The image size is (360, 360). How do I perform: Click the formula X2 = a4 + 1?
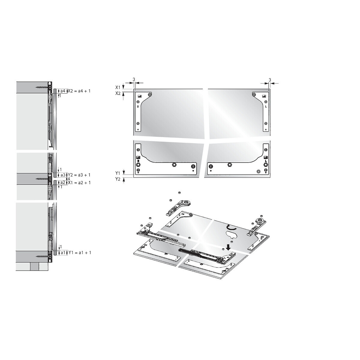coord(79,91)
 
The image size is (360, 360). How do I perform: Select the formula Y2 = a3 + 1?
coord(79,175)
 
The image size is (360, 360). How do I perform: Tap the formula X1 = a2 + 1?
coord(79,182)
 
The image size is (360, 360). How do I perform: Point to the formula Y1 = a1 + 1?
coord(79,253)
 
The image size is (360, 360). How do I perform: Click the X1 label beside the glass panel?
coord(118,87)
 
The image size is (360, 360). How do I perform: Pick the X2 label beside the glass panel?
coord(118,93)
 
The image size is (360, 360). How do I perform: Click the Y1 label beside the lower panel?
coord(118,173)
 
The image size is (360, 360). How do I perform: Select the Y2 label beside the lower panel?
coord(118,179)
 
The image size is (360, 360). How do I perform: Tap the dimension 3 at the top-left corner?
coord(134,79)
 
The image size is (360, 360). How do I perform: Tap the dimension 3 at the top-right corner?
coord(270,80)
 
